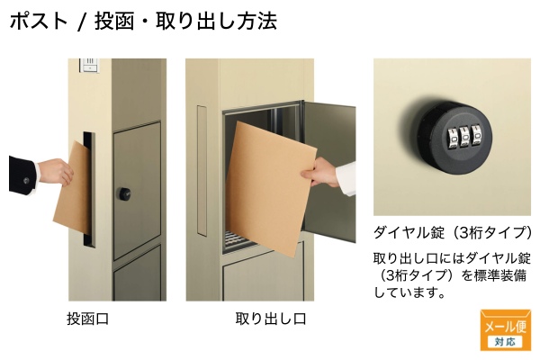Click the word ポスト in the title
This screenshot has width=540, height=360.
[x=39, y=21]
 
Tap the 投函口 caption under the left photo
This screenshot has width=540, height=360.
[x=88, y=319]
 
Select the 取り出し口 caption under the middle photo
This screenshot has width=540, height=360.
[x=271, y=319]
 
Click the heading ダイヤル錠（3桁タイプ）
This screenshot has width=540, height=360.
[x=453, y=232]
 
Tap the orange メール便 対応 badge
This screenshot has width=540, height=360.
[x=505, y=330]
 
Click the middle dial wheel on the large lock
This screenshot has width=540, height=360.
[x=465, y=138]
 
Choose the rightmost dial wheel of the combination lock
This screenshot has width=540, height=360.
[x=477, y=137]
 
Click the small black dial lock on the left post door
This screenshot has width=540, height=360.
[x=125, y=194]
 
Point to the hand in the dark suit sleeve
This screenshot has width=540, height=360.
[x=55, y=171]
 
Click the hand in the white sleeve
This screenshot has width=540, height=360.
[x=321, y=172]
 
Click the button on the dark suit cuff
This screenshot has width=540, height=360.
[x=26, y=181]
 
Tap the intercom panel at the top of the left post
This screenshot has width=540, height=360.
[x=90, y=66]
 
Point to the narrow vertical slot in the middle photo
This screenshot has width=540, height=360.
[x=202, y=170]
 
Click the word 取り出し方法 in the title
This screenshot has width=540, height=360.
[x=216, y=21]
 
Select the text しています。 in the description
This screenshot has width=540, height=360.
[x=409, y=292]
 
